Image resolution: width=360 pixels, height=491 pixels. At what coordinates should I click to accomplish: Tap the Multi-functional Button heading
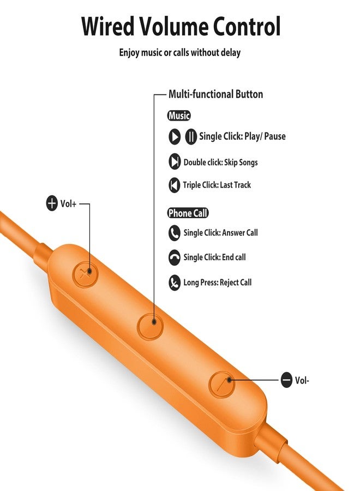[215, 94]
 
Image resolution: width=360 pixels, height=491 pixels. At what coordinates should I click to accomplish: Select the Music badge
[179, 116]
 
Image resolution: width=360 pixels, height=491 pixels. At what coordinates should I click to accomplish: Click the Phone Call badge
[188, 213]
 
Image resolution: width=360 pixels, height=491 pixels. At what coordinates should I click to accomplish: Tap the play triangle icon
[175, 136]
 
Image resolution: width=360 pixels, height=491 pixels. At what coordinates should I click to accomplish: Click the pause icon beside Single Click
[191, 136]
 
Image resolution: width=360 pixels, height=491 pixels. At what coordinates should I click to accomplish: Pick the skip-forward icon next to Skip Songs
[175, 162]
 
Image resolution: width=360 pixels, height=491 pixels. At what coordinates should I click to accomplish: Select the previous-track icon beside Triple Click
[175, 185]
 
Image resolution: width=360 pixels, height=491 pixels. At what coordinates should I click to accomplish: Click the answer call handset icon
[175, 233]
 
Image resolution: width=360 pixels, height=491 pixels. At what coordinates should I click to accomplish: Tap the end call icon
[175, 258]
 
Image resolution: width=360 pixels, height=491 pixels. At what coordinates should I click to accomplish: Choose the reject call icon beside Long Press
[175, 283]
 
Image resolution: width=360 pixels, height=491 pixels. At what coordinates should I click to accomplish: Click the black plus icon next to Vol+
[52, 203]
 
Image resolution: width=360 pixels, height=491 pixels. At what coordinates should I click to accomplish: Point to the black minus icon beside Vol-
[286, 380]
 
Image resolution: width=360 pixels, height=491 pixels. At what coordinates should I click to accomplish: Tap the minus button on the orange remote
[222, 385]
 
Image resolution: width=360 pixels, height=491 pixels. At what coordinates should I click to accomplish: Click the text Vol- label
[302, 380]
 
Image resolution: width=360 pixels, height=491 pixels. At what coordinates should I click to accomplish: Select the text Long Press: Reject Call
[218, 283]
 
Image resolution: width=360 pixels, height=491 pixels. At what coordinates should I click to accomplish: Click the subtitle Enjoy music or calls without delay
[179, 52]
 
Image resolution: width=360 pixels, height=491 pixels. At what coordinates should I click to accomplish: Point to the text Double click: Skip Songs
[221, 162]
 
